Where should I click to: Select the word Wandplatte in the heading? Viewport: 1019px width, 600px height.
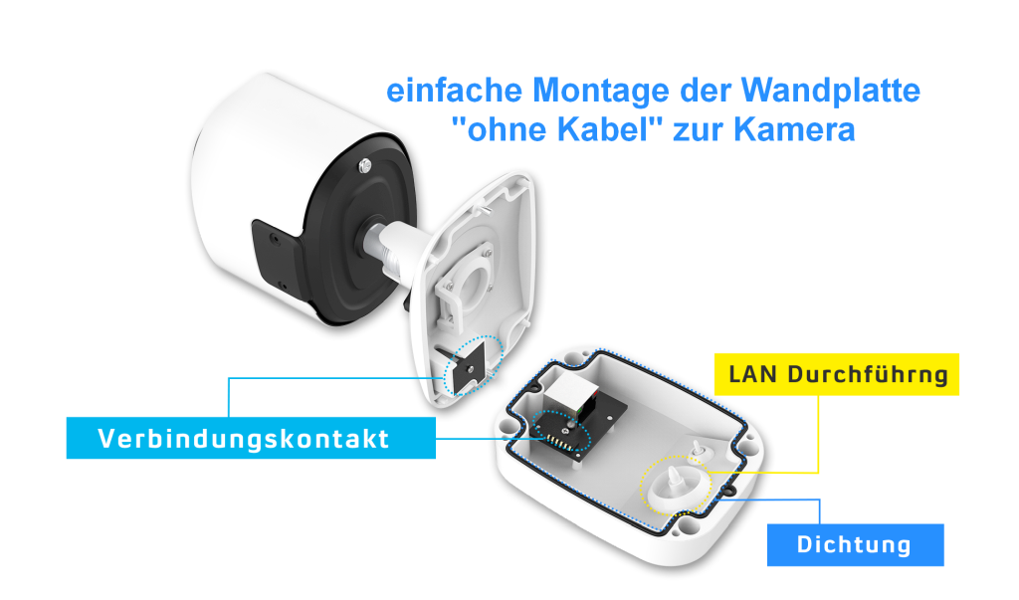coord(831,93)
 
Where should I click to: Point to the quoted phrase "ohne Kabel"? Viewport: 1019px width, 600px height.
coord(564,130)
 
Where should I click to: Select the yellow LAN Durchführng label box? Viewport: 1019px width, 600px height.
coord(837,374)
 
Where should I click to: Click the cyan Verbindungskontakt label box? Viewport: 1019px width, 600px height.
coord(251,438)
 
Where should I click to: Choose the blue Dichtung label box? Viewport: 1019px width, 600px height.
coord(855,545)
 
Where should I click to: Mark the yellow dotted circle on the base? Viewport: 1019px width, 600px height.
coord(677,487)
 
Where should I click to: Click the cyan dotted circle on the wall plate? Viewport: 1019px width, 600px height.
coord(474,365)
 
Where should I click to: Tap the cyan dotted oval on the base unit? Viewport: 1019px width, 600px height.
coord(563,429)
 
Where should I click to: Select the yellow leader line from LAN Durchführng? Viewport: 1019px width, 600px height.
coord(818,438)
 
